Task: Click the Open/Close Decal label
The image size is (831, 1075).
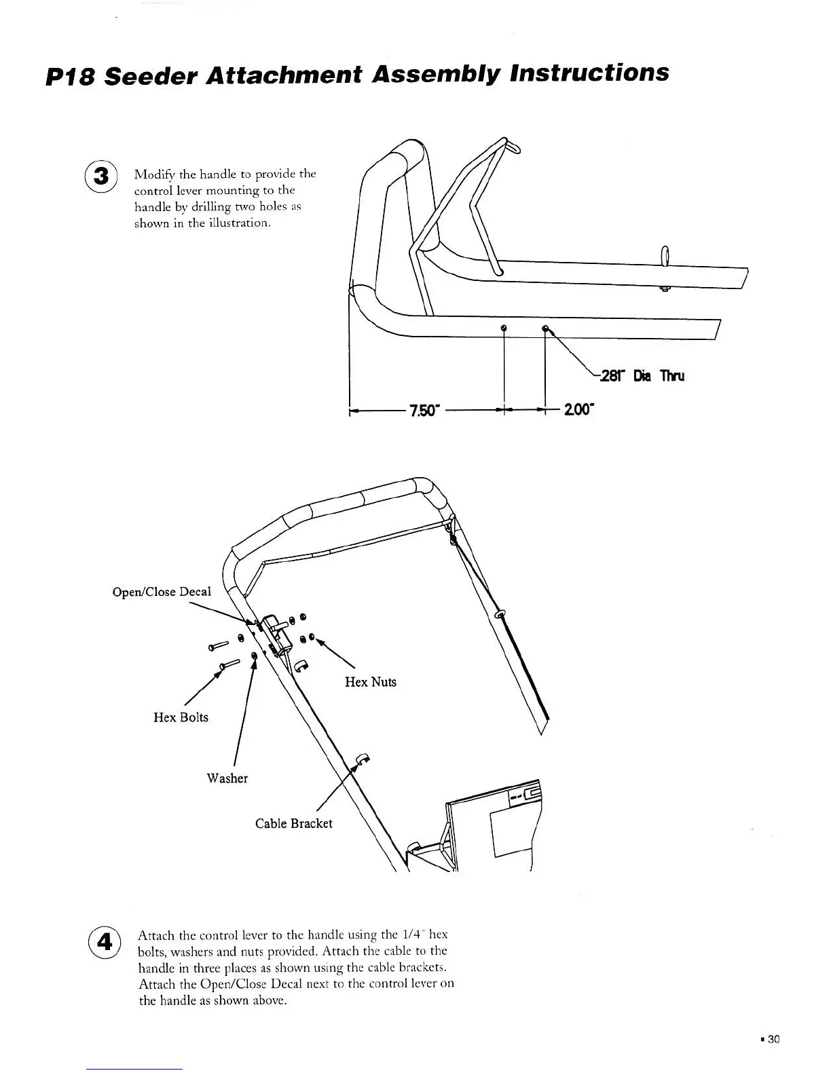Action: click(162, 591)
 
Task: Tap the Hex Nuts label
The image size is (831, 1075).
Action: click(370, 681)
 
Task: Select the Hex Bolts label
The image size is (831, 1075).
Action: click(181, 717)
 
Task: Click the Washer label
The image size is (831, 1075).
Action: click(227, 778)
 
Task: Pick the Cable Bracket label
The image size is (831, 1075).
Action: click(293, 823)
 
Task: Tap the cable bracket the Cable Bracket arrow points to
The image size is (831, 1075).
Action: click(361, 759)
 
